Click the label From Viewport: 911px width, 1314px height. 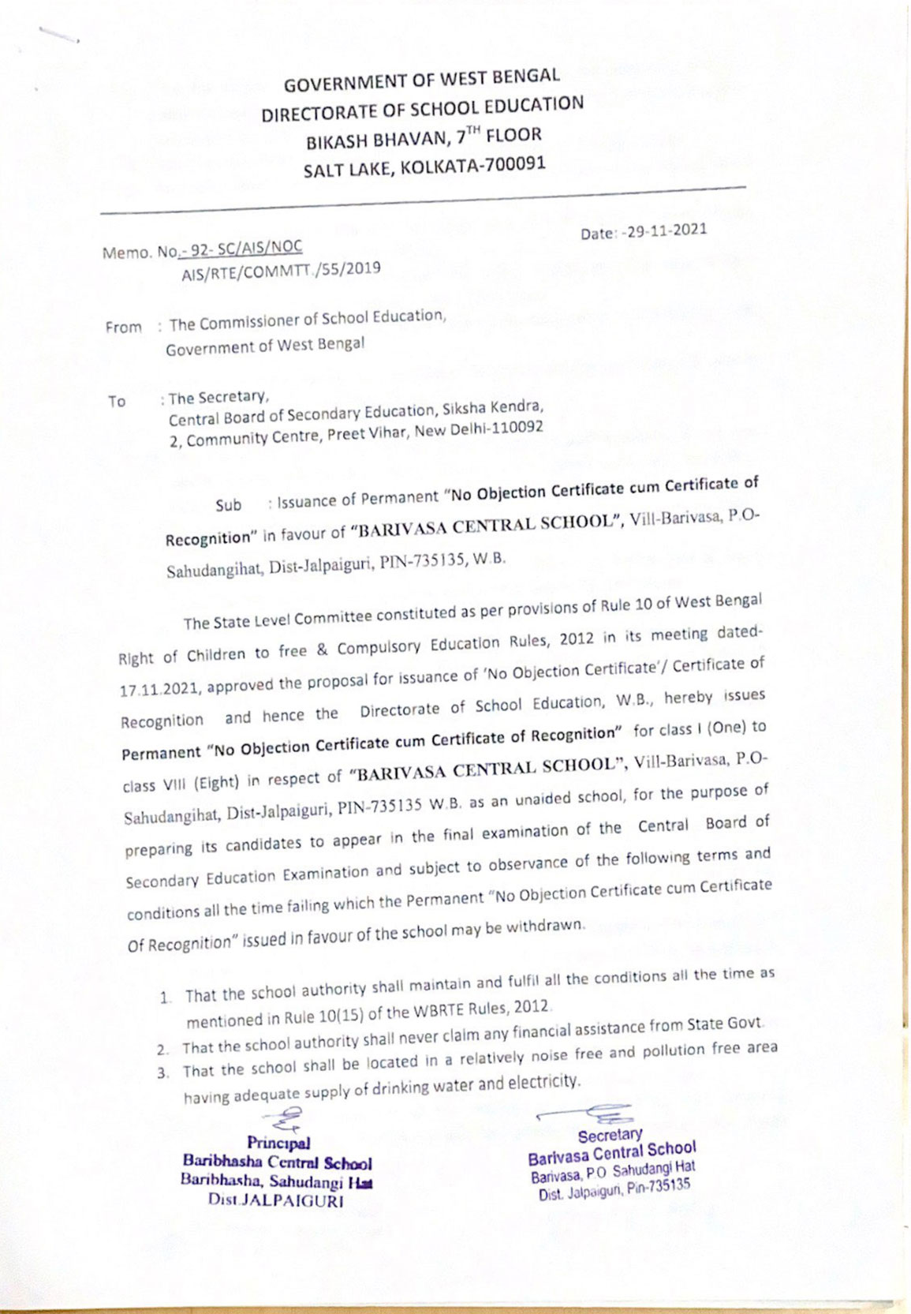tap(124, 327)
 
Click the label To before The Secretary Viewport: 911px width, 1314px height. tap(117, 402)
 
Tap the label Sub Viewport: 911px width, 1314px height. tap(228, 505)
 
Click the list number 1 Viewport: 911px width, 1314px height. tap(165, 998)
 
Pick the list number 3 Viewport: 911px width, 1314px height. tap(162, 1073)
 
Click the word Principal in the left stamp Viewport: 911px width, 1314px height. tap(278, 1143)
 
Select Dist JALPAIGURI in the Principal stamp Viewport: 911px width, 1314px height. tap(276, 1200)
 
